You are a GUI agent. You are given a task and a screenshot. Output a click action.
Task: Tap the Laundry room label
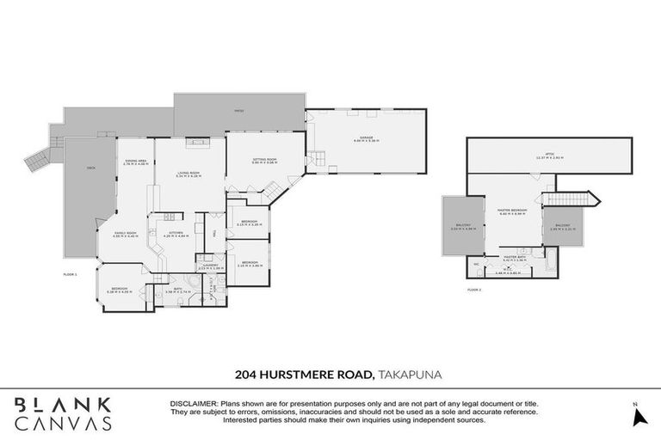pyautogui.click(x=211, y=266)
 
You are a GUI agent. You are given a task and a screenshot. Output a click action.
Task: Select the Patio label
pyautogui.click(x=240, y=111)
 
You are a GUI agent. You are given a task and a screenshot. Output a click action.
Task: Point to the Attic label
pyautogui.click(x=542, y=157)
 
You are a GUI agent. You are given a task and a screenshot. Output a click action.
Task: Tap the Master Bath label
pyautogui.click(x=515, y=255)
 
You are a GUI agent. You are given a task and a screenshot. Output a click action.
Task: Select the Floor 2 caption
pyautogui.click(x=474, y=290)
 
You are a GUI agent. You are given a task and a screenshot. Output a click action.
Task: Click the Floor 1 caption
pyautogui.click(x=71, y=274)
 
